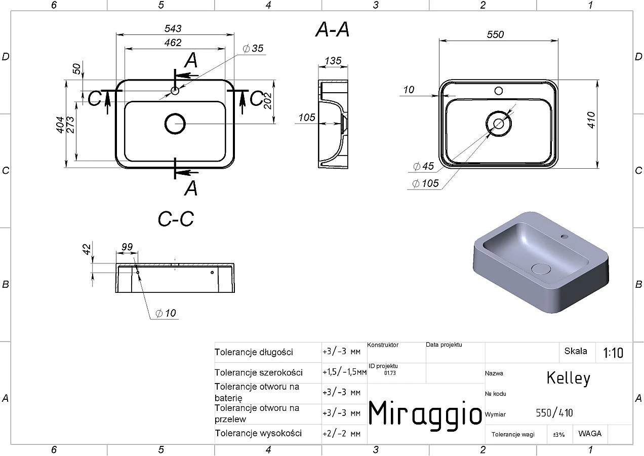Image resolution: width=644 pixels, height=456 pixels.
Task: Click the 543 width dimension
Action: click(x=173, y=28)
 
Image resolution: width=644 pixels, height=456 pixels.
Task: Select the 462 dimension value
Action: click(x=173, y=43)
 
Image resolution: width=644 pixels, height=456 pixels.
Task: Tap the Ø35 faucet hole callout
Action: click(x=253, y=48)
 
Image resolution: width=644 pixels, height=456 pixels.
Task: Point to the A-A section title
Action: click(x=332, y=29)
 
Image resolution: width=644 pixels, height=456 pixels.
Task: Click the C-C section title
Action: click(x=176, y=219)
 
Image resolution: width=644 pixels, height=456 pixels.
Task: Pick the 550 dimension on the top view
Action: click(x=495, y=34)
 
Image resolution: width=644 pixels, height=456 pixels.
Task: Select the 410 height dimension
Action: click(x=591, y=120)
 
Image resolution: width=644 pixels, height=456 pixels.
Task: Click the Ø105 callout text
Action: click(x=425, y=183)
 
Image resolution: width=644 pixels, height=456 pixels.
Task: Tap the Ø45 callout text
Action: click(x=423, y=166)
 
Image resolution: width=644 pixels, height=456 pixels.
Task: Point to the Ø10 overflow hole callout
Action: click(x=166, y=313)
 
